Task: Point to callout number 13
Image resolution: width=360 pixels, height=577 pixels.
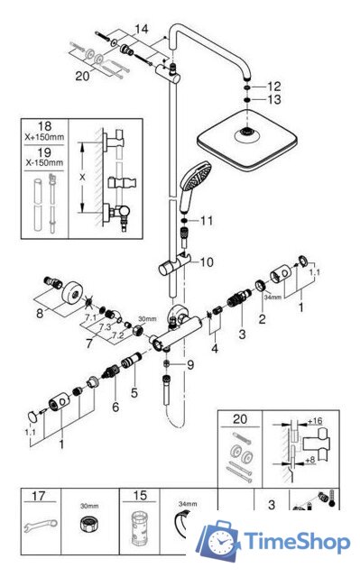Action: pos(274,99)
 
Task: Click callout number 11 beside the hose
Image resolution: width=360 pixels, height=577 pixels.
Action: pos(207,220)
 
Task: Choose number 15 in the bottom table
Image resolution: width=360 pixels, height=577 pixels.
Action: pos(139,496)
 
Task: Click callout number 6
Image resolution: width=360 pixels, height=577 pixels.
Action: pos(115,408)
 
